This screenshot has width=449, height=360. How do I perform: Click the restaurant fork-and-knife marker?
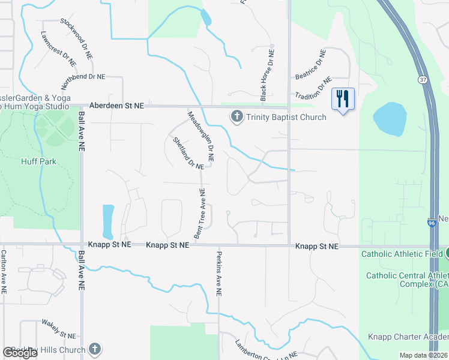pyautogui.click(x=343, y=99)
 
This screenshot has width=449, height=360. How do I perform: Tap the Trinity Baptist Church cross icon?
pyautogui.click(x=237, y=116)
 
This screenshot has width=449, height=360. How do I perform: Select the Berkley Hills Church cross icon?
pyautogui.click(x=94, y=349)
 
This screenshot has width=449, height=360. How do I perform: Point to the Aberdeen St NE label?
pyautogui.click(x=116, y=106)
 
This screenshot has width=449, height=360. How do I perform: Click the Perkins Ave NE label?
pyautogui.click(x=219, y=272)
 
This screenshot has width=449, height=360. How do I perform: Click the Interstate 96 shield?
pyautogui.click(x=432, y=222)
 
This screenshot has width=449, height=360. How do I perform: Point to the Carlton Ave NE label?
pyautogui.click(x=4, y=272)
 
